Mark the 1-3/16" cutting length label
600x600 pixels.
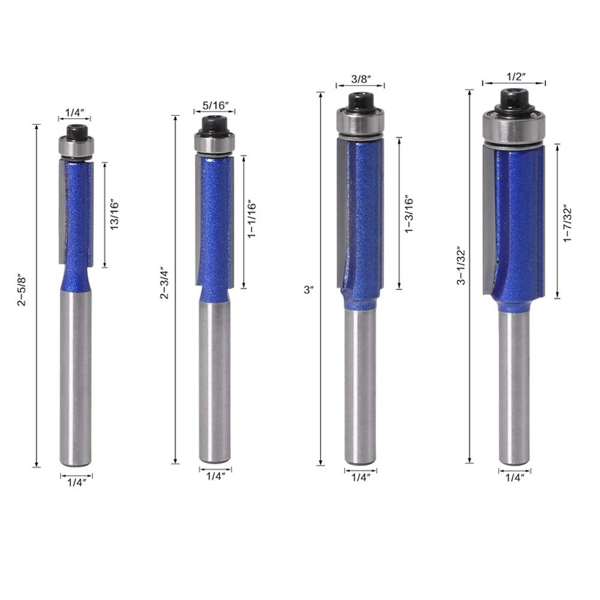tap(410, 213)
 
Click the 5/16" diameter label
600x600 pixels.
tap(214, 106)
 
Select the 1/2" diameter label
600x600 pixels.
tap(514, 77)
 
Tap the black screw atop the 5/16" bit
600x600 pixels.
tap(214, 124)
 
